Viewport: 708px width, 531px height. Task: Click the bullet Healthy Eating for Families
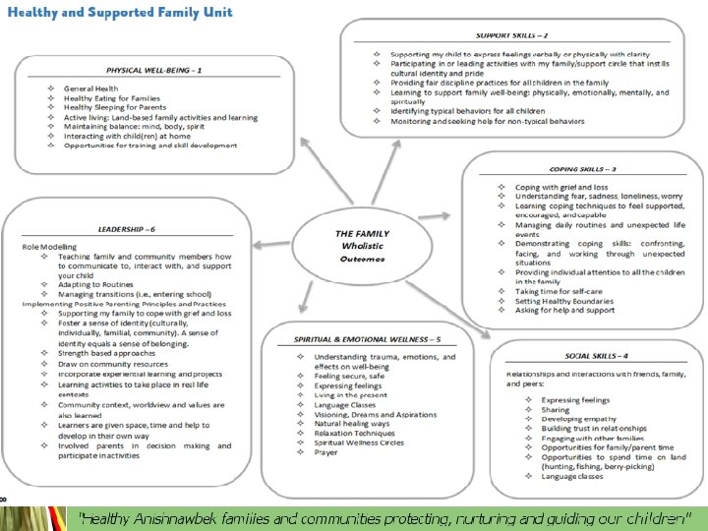[x=111, y=98]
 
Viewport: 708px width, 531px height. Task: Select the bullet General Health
[x=91, y=88]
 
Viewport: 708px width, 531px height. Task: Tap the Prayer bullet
[x=326, y=452]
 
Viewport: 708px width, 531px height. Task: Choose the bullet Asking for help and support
[x=564, y=310]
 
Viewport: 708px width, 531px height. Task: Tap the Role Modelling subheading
[x=51, y=245]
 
